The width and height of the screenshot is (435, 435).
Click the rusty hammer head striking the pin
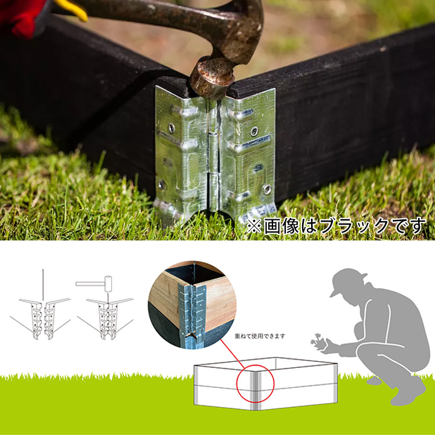pyautogui.click(x=213, y=77)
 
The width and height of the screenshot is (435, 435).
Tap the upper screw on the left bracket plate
pyautogui.click(x=172, y=127)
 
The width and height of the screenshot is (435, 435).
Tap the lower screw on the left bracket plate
pyautogui.click(x=161, y=184)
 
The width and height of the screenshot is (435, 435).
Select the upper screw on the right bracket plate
pyautogui.click(x=254, y=131)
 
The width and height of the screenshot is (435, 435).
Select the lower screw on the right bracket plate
pyautogui.click(x=267, y=189)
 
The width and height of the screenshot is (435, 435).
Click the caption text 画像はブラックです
pyautogui.click(x=344, y=226)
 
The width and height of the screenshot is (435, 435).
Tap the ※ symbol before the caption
pyautogui.click(x=254, y=227)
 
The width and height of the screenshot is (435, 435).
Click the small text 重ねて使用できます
pyautogui.click(x=260, y=337)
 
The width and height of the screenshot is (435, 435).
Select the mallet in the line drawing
pyautogui.click(x=94, y=284)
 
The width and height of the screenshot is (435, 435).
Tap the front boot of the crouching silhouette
pyautogui.click(x=408, y=391)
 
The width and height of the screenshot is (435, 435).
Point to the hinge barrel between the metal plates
pyautogui.click(x=214, y=155)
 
